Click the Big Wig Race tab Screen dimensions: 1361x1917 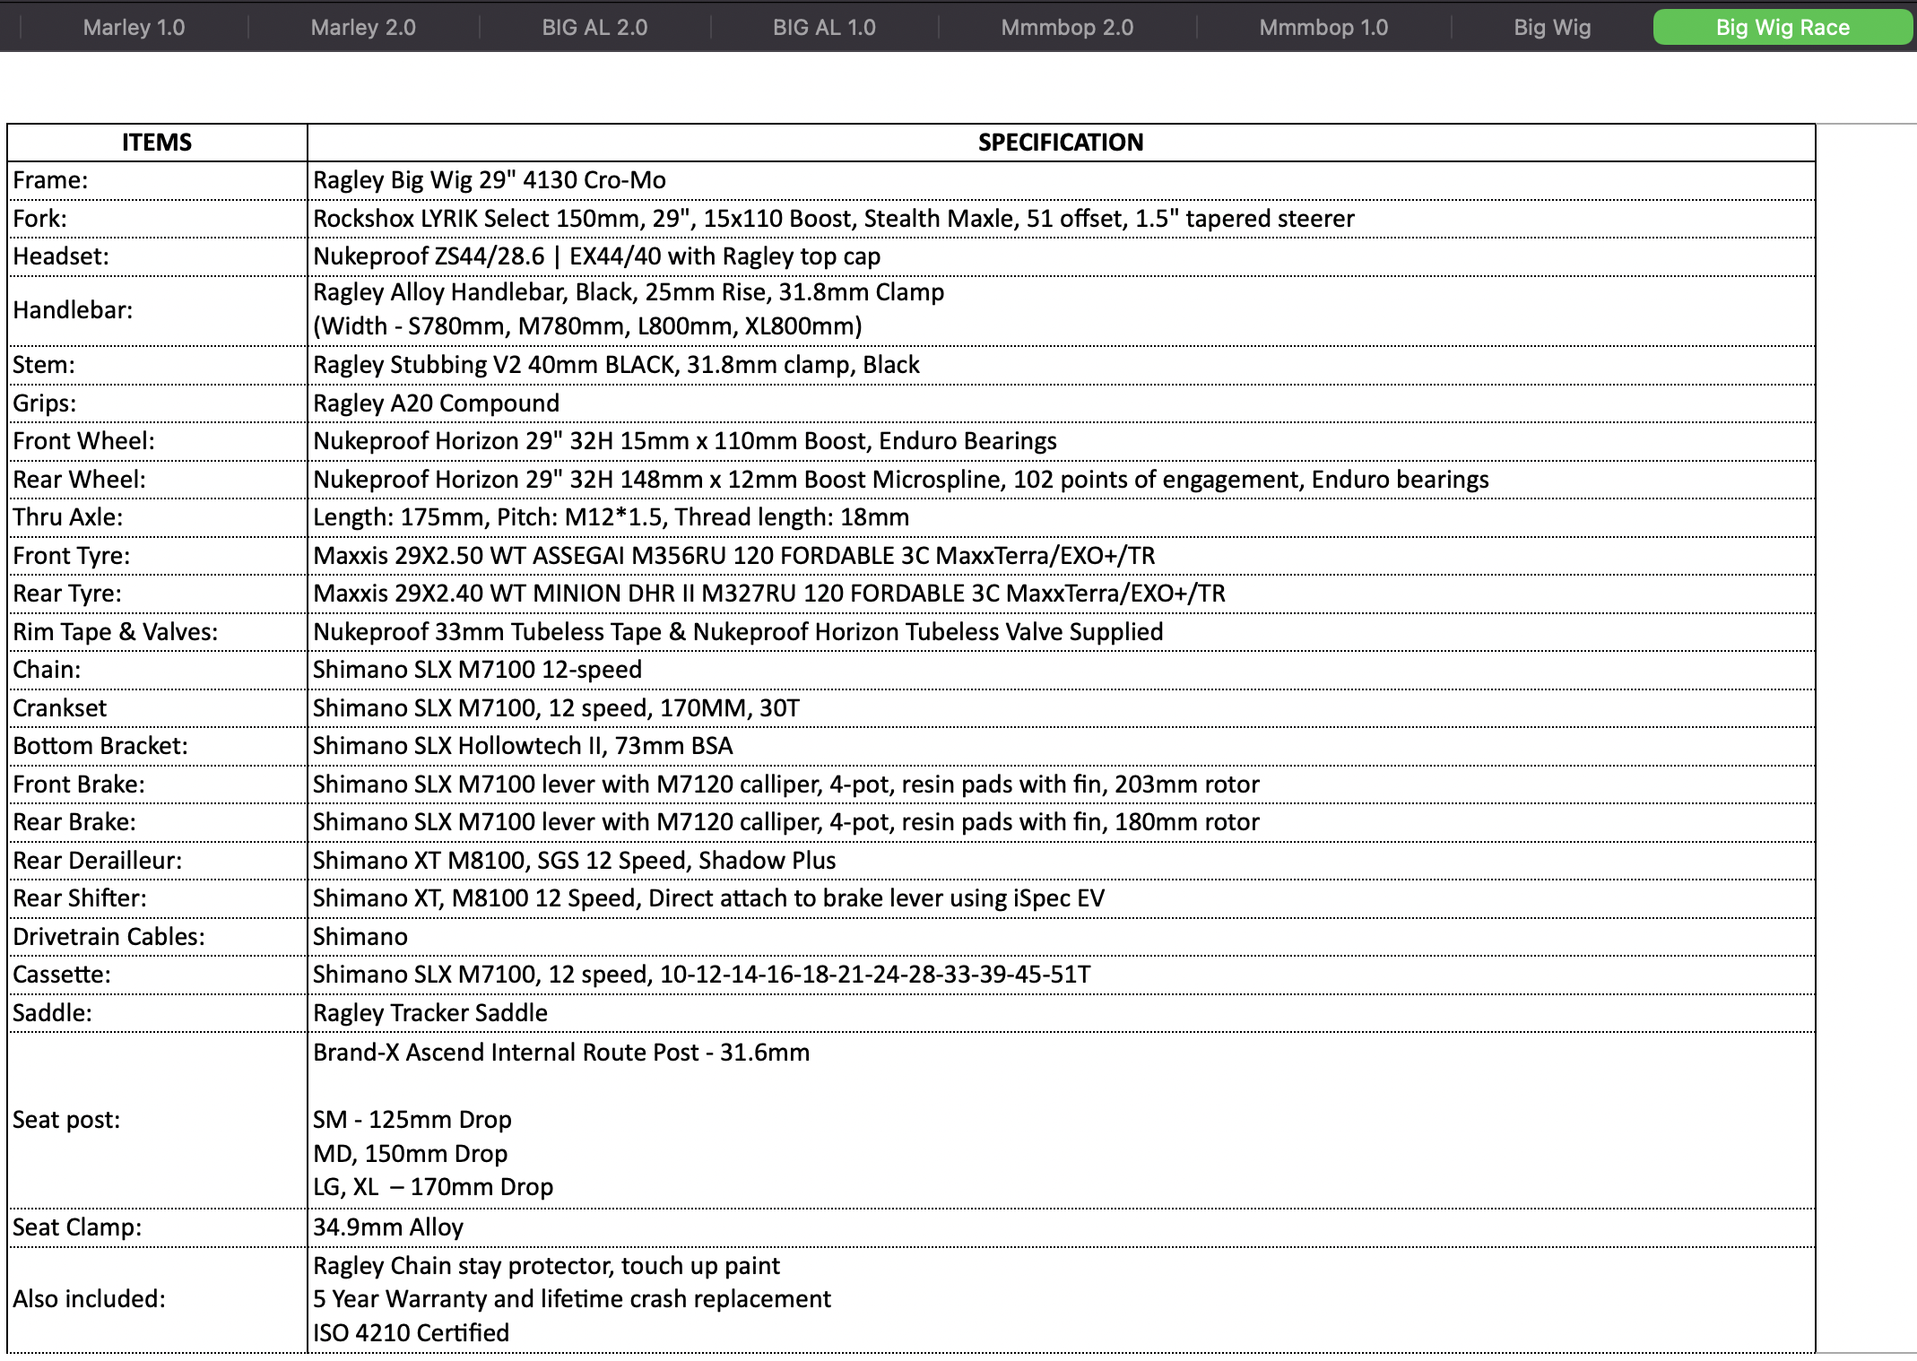click(x=1782, y=28)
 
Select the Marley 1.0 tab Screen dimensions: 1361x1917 click(x=134, y=28)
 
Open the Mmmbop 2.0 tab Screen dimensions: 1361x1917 click(x=1067, y=28)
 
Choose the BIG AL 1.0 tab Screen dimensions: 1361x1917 click(x=824, y=28)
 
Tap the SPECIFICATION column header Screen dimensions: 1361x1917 click(x=1060, y=143)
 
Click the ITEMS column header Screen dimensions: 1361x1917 click(x=157, y=143)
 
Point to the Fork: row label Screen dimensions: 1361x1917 click(x=40, y=219)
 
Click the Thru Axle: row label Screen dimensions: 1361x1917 click(x=68, y=517)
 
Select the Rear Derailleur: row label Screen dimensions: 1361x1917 click(x=97, y=861)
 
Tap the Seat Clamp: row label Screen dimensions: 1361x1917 click(x=77, y=1227)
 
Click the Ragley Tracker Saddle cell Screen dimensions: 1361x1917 click(x=430, y=1013)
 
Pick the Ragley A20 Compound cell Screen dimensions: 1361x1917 click(x=436, y=403)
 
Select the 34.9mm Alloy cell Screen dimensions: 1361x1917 click(x=388, y=1227)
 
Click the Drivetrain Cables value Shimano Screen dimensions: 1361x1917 click(x=360, y=937)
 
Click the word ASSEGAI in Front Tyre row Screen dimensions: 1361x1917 click(x=579, y=556)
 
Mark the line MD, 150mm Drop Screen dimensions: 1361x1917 click(x=411, y=1154)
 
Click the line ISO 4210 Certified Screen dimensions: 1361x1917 click(x=411, y=1333)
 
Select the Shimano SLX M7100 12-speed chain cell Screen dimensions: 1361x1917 click(x=477, y=670)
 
